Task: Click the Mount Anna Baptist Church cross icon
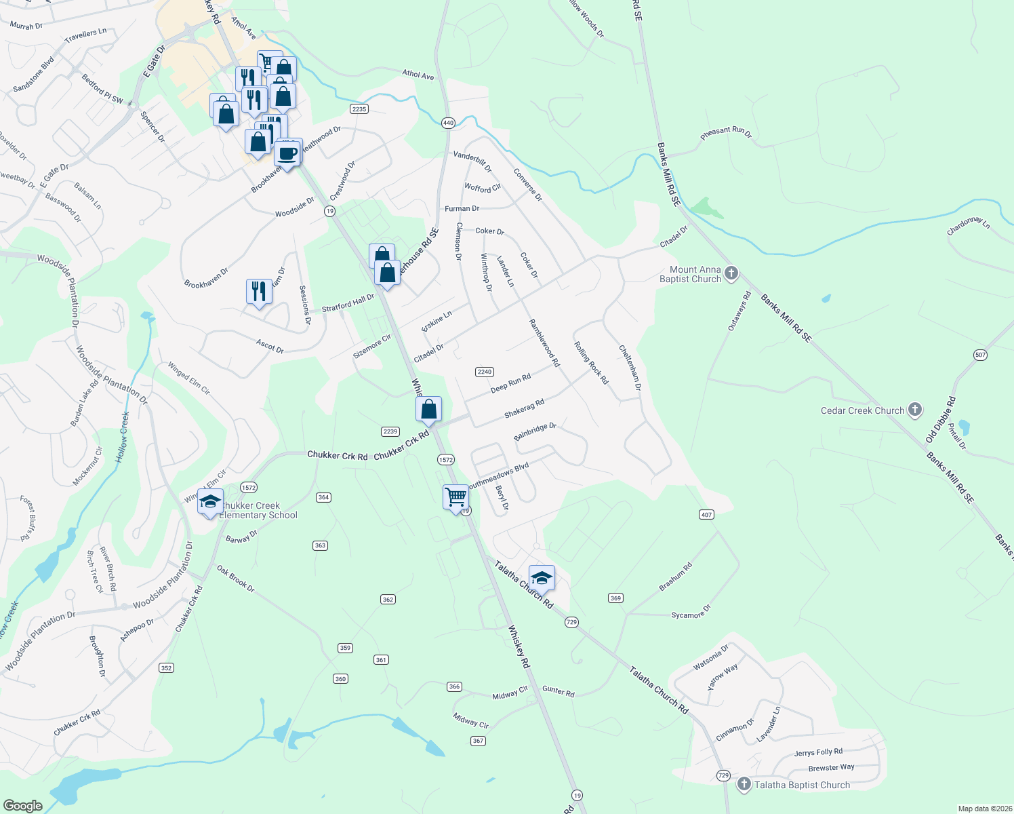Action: [x=731, y=273]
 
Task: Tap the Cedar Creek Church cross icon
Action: [x=915, y=410]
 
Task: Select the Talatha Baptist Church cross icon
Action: [x=744, y=784]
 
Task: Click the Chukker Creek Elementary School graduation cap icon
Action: [x=210, y=501]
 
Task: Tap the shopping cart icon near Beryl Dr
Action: [x=455, y=497]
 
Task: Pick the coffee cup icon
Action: [x=287, y=154]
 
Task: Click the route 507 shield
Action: [x=980, y=355]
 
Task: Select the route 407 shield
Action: [x=706, y=515]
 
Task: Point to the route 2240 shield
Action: [x=484, y=372]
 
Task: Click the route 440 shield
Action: [x=448, y=123]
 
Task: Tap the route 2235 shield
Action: [x=359, y=109]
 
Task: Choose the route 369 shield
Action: [x=615, y=598]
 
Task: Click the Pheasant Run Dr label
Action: [x=726, y=132]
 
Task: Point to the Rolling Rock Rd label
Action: [x=591, y=363]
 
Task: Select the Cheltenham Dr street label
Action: [x=630, y=368]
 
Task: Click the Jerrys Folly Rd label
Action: [x=818, y=752]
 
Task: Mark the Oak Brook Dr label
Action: [x=236, y=579]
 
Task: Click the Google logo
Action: [x=23, y=805]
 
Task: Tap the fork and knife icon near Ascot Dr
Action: [x=258, y=291]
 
